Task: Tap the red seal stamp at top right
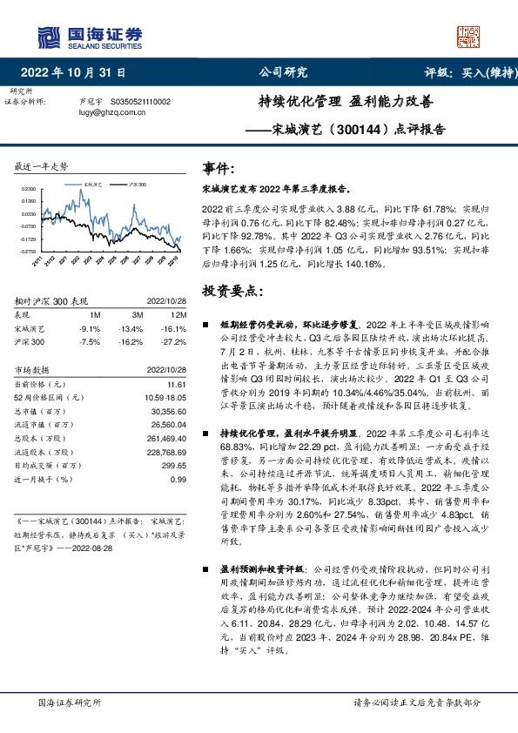pyautogui.click(x=468, y=36)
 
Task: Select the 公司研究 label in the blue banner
pyautogui.click(x=284, y=72)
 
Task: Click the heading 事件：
pyautogui.click(x=219, y=168)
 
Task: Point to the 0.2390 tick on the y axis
pyautogui.click(x=30, y=189)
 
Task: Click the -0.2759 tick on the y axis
pyautogui.click(x=30, y=252)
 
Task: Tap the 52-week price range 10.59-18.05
pyautogui.click(x=165, y=397)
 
